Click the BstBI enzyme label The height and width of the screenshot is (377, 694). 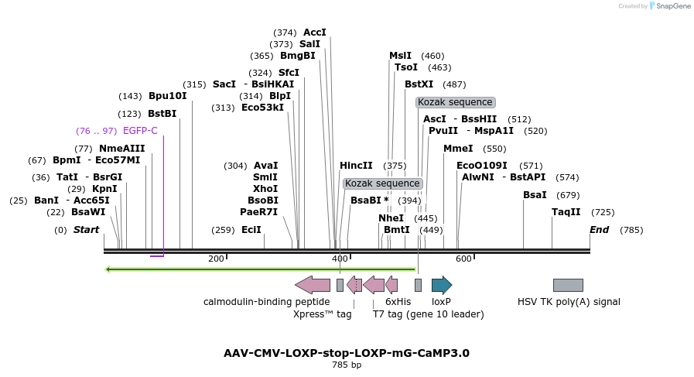(x=162, y=113)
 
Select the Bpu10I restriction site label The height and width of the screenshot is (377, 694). (x=167, y=96)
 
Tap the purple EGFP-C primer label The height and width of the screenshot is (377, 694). (x=140, y=131)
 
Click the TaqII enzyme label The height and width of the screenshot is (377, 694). (x=566, y=212)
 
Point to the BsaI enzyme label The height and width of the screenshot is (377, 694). (x=535, y=195)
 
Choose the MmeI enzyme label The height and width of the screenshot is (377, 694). (x=458, y=149)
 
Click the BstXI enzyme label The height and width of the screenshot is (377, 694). (x=419, y=84)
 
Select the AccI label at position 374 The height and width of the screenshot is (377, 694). (x=315, y=33)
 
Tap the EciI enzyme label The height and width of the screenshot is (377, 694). (x=251, y=230)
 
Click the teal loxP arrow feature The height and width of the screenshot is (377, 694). (x=441, y=285)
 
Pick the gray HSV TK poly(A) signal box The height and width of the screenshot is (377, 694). (x=568, y=285)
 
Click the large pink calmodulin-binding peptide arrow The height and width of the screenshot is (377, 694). (x=313, y=285)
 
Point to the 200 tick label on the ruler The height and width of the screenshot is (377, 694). (x=216, y=259)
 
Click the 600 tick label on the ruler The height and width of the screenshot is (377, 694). (x=463, y=259)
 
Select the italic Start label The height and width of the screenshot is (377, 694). (x=86, y=230)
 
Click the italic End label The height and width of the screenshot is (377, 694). (x=599, y=230)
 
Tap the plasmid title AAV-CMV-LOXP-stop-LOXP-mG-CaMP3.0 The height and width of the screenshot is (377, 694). (x=346, y=353)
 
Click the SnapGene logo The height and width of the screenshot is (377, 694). (x=669, y=6)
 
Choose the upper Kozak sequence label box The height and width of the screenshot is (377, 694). (x=455, y=102)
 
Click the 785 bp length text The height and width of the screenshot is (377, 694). (x=346, y=365)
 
